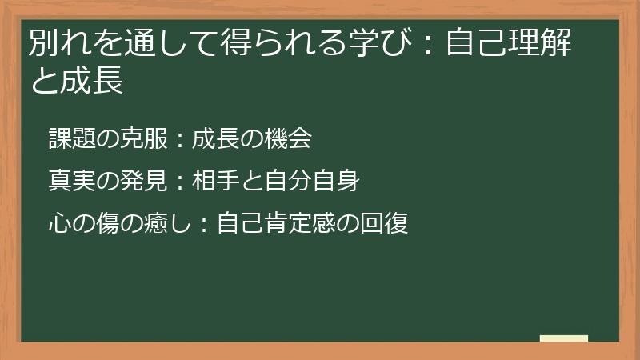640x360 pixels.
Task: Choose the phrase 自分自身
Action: click(x=311, y=182)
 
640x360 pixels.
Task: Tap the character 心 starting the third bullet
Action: click(x=59, y=223)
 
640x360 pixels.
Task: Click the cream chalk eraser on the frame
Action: click(x=564, y=339)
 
